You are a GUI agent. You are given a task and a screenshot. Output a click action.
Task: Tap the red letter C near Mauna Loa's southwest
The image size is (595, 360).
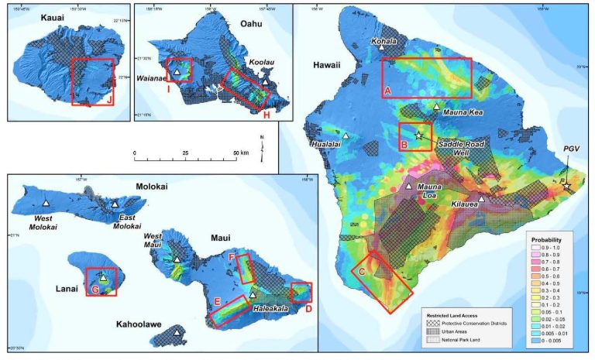(x=361, y=271)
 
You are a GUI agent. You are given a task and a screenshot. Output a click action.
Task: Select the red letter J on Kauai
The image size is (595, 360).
(x=110, y=98)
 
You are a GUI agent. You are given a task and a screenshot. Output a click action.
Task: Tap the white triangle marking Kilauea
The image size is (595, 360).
(x=482, y=200)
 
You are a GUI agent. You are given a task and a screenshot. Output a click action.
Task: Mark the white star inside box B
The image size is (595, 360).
(x=419, y=136)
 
